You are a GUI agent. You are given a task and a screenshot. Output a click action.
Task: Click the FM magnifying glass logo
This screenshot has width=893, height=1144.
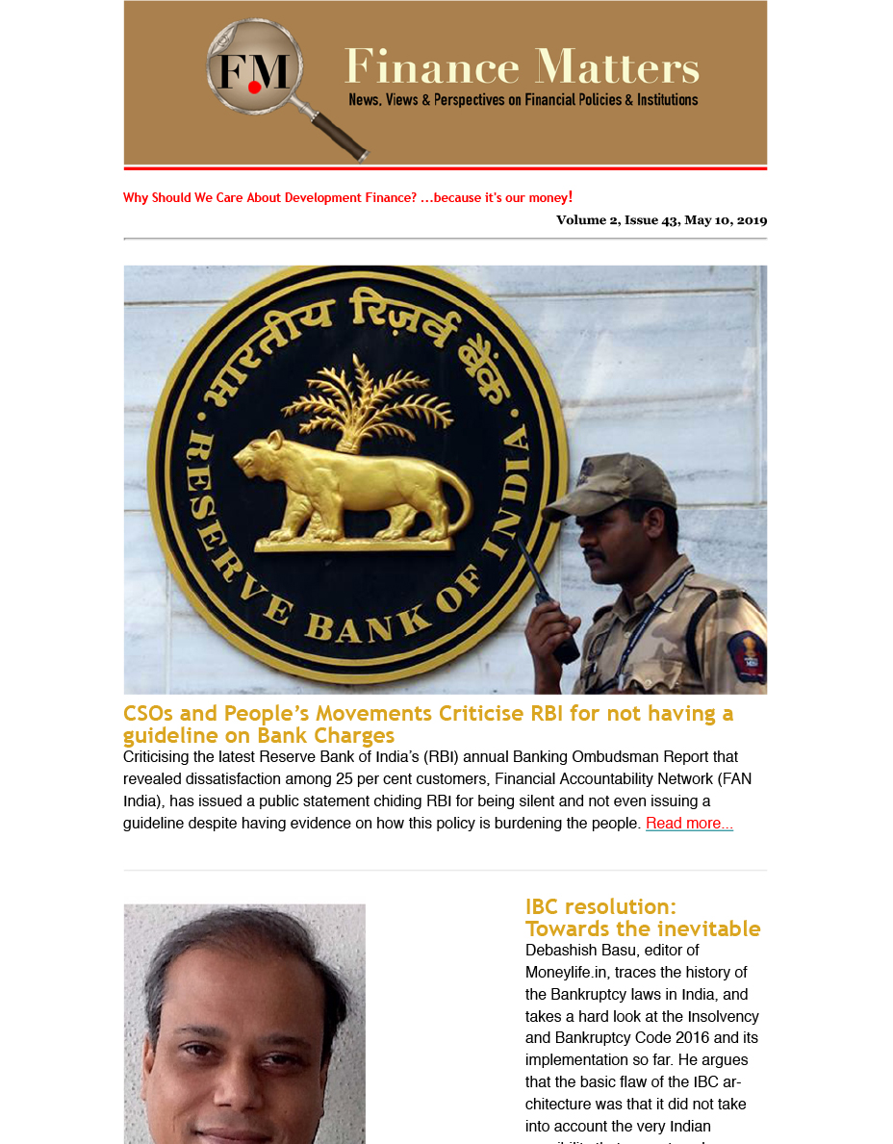point(255,72)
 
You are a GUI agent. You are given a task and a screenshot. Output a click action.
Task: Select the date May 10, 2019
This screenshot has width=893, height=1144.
point(726,220)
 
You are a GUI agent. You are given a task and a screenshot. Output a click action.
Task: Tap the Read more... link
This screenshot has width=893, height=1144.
point(689,824)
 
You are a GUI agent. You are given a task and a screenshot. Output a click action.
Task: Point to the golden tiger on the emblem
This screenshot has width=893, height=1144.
point(351,491)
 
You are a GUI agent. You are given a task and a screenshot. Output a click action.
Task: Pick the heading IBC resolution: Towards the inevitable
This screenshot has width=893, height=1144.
point(643,918)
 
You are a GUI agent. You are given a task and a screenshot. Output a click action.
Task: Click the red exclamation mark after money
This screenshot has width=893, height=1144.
point(571,197)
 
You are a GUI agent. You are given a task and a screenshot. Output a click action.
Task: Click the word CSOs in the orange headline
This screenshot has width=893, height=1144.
point(147,714)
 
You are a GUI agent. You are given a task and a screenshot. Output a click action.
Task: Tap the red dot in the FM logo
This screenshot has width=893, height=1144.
point(254,87)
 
